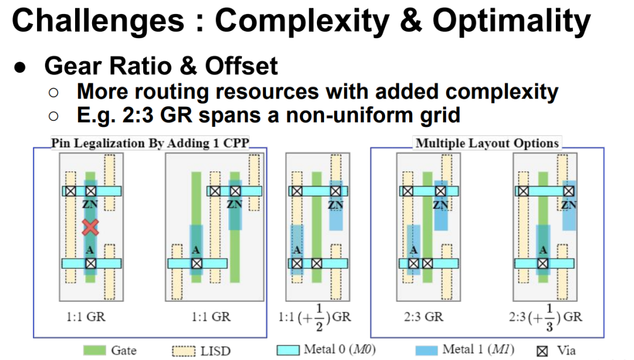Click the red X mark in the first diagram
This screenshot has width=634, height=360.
(x=90, y=227)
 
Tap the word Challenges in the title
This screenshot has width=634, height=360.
(x=98, y=21)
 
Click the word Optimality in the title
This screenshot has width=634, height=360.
(x=511, y=22)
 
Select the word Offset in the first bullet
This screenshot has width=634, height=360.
(x=241, y=66)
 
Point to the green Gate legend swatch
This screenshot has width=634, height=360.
(x=95, y=350)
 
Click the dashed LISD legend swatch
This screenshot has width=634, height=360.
(x=184, y=351)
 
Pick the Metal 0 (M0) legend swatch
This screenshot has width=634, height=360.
(x=288, y=350)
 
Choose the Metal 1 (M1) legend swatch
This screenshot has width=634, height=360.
(x=426, y=350)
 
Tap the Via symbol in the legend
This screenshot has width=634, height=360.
(x=542, y=351)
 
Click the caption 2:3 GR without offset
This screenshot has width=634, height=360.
(x=423, y=317)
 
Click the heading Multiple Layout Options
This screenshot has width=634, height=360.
(x=487, y=143)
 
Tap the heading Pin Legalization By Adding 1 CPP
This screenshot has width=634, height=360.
(x=150, y=143)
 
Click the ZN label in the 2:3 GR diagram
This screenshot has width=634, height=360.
(x=441, y=205)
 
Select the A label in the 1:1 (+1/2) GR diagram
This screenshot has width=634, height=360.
(x=297, y=250)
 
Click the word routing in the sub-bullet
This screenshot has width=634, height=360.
(x=172, y=92)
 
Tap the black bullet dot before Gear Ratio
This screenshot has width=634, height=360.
(x=19, y=67)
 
